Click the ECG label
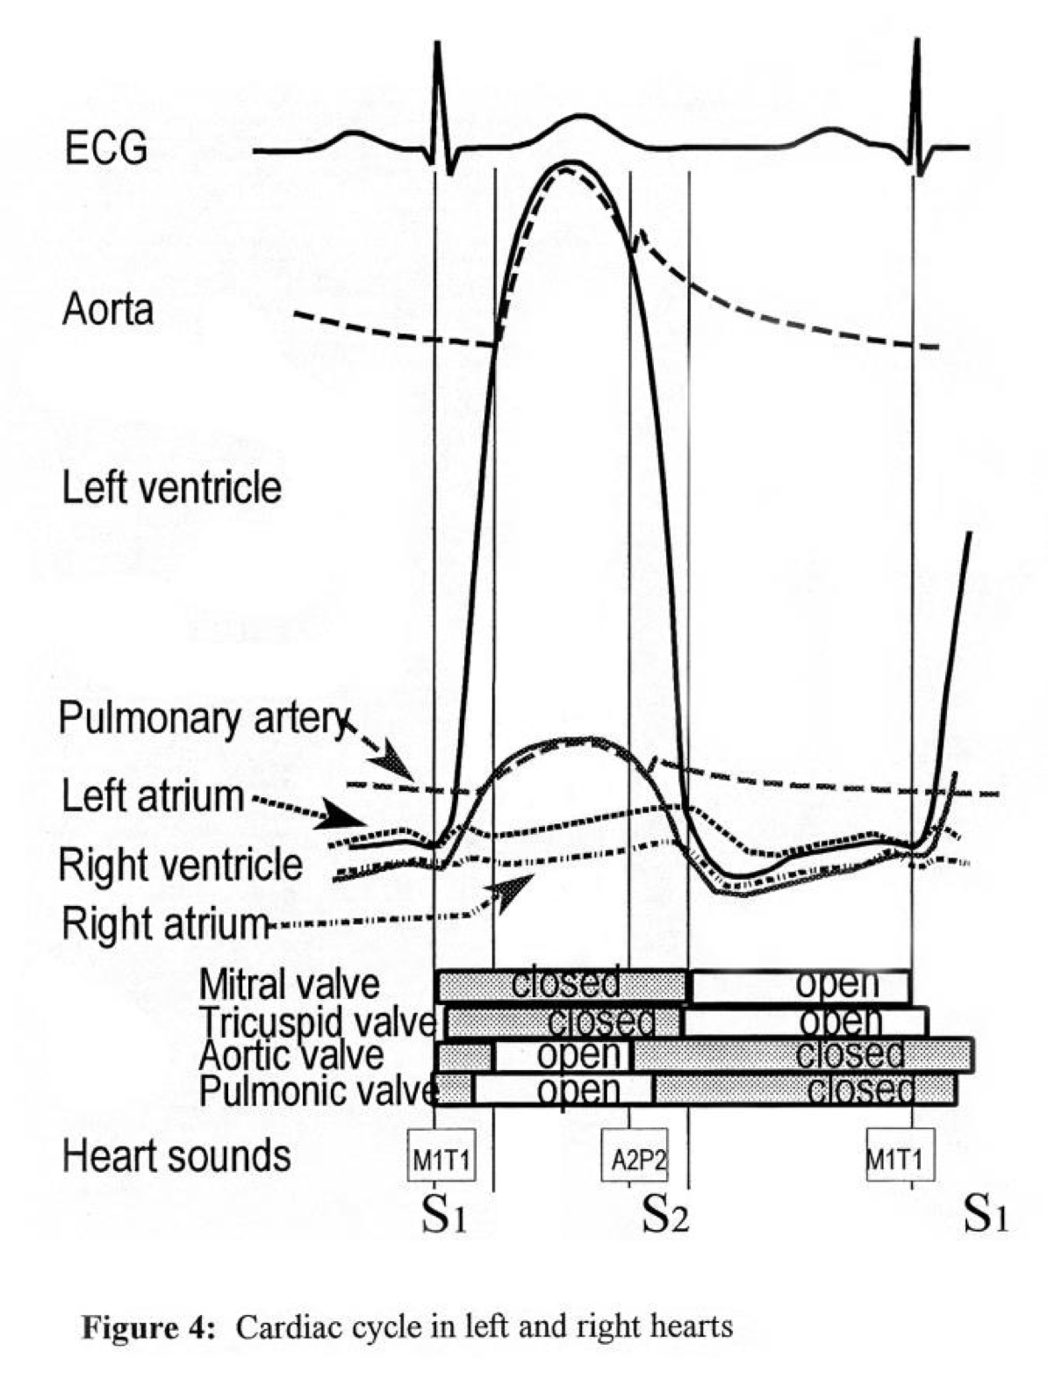click(x=106, y=149)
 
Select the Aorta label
click(x=108, y=310)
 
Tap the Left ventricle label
click(x=172, y=488)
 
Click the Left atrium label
click(x=153, y=796)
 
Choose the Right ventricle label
click(x=181, y=865)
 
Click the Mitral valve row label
click(x=290, y=984)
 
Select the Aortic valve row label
click(x=291, y=1054)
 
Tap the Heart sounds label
click(x=176, y=1155)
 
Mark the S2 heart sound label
click(x=664, y=1216)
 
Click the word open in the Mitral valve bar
click(x=837, y=985)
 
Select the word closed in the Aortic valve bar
click(x=850, y=1053)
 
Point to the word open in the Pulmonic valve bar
click(x=579, y=1090)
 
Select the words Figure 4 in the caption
click(x=147, y=1326)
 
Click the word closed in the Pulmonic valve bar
click(x=860, y=1090)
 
